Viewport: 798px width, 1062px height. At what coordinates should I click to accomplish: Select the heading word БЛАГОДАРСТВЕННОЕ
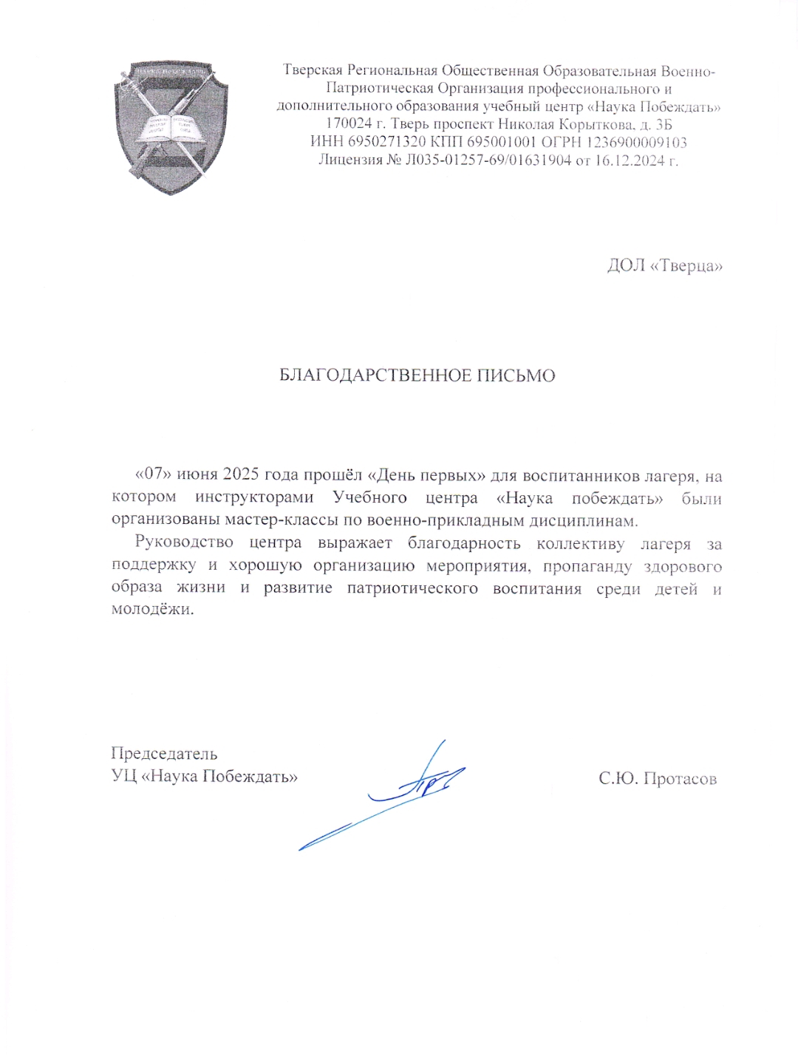(375, 375)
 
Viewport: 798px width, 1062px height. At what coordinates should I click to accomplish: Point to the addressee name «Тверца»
(686, 265)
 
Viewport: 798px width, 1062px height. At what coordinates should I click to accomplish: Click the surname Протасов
(680, 778)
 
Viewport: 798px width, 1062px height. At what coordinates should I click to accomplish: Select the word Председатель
(164, 754)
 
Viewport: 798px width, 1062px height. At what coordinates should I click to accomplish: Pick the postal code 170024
(349, 124)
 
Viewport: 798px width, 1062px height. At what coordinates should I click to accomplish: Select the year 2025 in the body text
(241, 474)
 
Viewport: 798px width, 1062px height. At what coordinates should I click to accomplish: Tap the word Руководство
(184, 542)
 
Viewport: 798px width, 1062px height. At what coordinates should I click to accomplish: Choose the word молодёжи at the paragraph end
(152, 610)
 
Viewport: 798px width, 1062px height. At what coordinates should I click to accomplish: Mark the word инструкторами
(254, 497)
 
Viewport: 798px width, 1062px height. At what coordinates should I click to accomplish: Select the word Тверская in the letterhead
(313, 71)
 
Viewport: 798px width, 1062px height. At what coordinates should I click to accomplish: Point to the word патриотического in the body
(412, 588)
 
